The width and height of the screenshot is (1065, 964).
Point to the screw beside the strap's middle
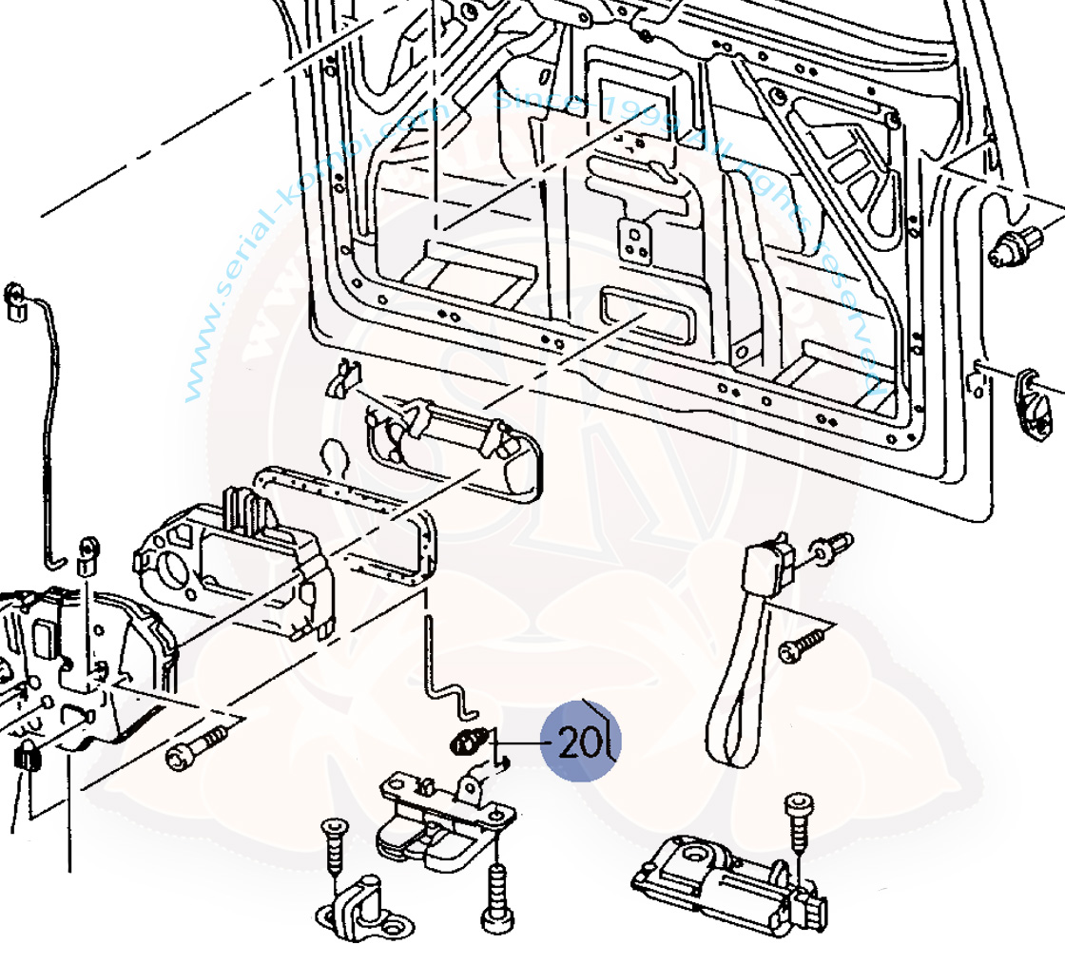tap(803, 646)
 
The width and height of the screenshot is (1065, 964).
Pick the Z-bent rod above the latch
tap(445, 675)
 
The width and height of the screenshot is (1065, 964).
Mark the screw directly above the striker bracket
tap(332, 846)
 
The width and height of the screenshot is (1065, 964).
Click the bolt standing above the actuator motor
tap(799, 823)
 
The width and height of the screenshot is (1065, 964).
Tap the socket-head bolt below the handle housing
tap(196, 748)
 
